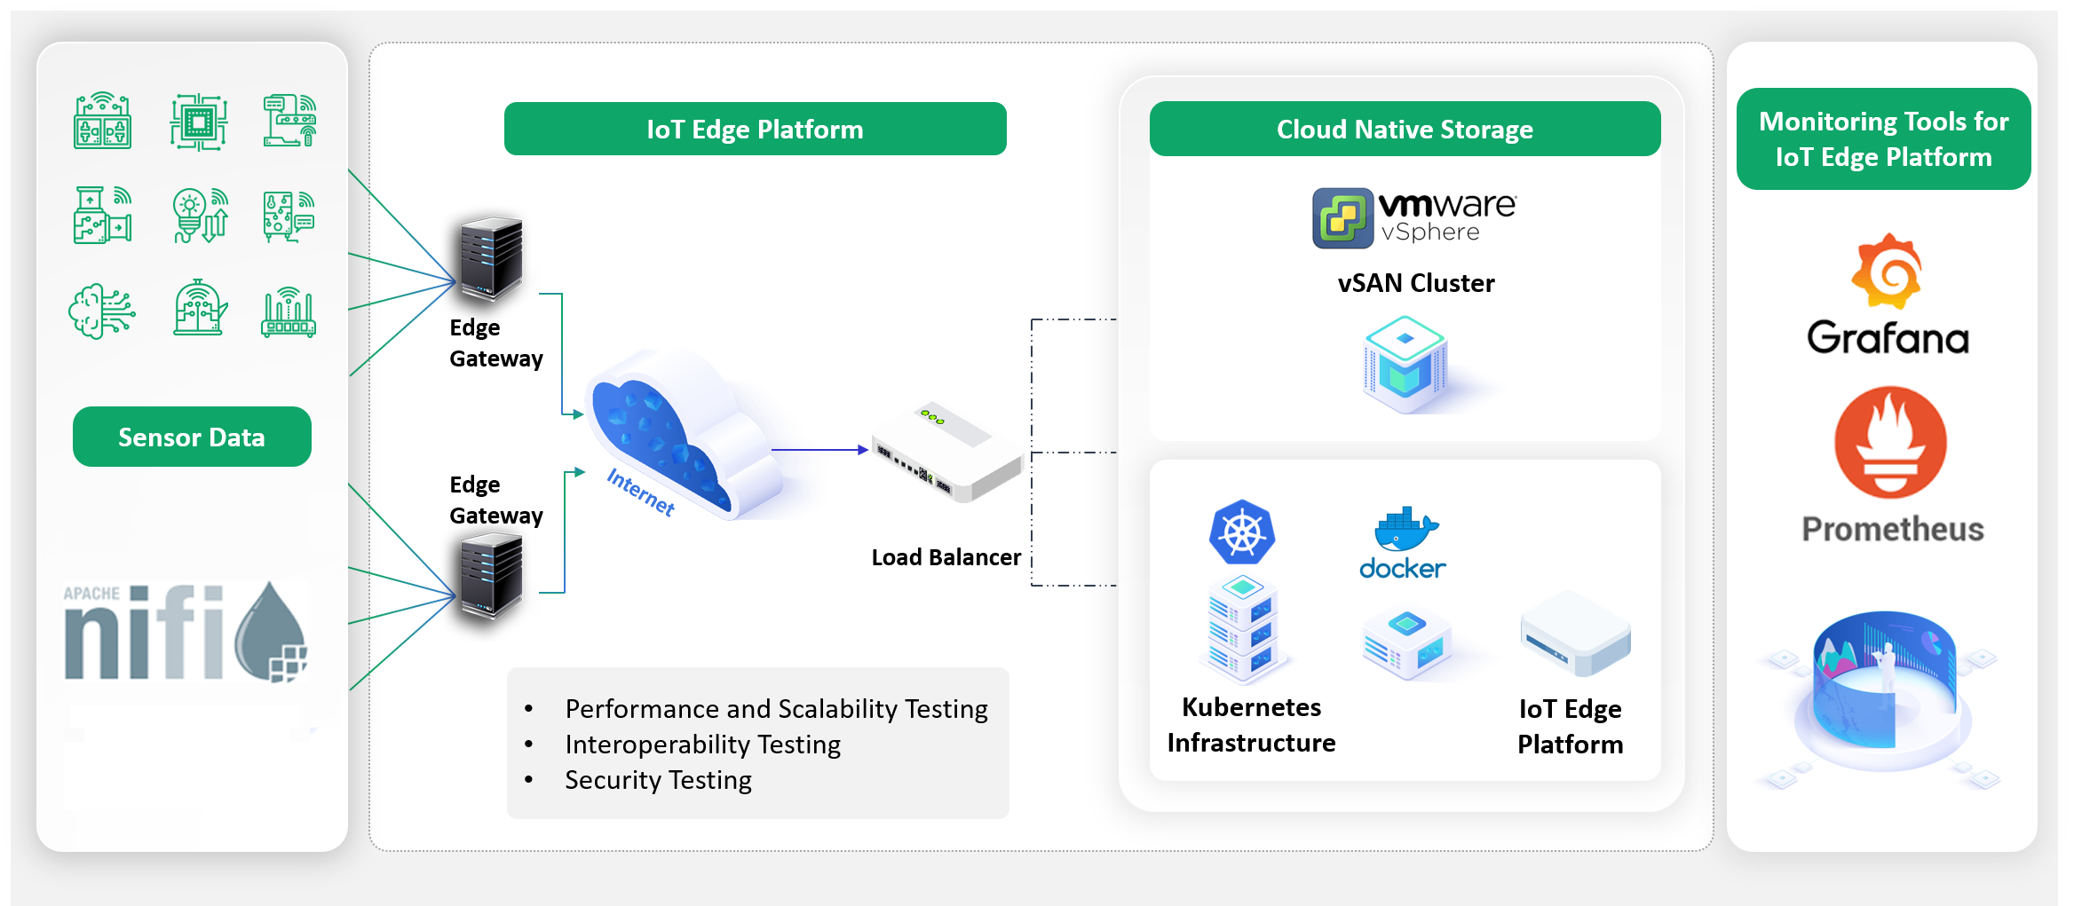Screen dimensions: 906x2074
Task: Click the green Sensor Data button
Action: coord(192,437)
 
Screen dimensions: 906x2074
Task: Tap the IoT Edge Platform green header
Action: coord(755,130)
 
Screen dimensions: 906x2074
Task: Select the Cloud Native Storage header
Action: coord(1405,130)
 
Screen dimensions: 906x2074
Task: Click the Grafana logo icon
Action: coord(1887,272)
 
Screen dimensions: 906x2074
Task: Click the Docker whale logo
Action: coord(1405,530)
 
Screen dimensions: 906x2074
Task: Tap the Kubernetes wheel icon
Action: coord(1242,532)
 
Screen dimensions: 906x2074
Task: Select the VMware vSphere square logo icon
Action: coord(1342,217)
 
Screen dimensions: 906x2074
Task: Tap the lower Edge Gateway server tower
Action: coord(491,574)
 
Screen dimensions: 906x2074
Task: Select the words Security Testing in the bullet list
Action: coord(658,780)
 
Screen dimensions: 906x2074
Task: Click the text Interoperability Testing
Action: coord(702,744)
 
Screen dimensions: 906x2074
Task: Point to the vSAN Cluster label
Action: coord(1415,283)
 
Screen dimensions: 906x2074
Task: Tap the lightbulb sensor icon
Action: coord(199,216)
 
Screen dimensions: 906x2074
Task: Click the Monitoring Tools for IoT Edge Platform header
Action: coord(1883,139)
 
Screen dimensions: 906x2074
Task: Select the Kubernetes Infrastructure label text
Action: coord(1251,725)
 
